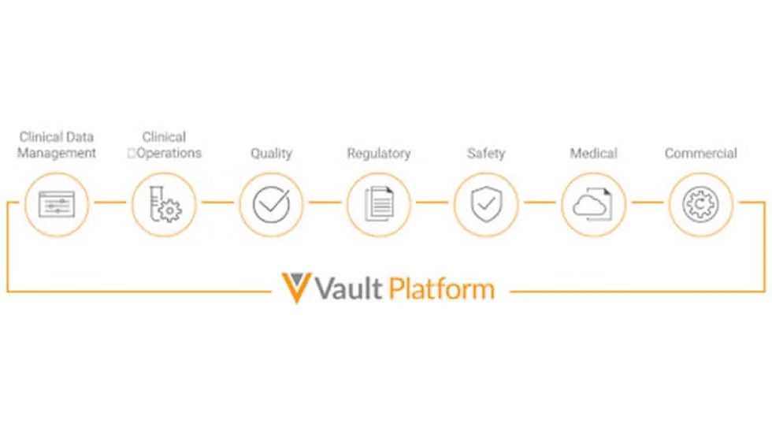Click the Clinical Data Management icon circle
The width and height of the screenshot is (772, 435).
tap(56, 205)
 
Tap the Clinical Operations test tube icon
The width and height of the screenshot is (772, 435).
tap(164, 205)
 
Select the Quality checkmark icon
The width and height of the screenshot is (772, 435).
tap(271, 205)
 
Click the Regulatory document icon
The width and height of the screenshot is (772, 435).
tap(379, 205)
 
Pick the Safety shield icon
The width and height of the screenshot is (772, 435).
tap(486, 205)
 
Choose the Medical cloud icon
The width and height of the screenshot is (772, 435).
tap(593, 205)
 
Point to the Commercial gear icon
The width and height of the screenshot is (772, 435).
tap(700, 205)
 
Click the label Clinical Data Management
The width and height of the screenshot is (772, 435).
tap(57, 145)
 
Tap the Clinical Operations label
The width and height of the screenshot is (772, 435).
tap(165, 145)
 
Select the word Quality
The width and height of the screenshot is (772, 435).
tap(271, 154)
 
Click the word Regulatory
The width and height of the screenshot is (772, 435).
tap(379, 154)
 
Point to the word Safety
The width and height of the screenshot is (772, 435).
tap(486, 154)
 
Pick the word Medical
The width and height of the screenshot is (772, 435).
tap(593, 154)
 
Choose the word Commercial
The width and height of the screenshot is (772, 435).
tap(700, 154)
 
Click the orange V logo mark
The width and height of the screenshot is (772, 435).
tap(297, 288)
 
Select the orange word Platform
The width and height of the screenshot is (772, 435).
tap(442, 289)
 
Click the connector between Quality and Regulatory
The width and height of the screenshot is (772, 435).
tap(325, 203)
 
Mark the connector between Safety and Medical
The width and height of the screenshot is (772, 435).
tap(540, 203)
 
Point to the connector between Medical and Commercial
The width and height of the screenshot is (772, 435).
tap(647, 203)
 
